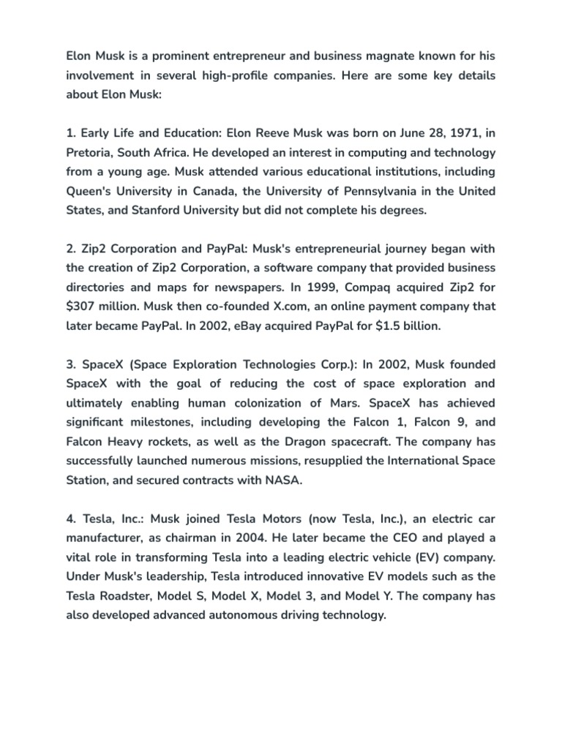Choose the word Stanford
point(161,210)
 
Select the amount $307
point(83,306)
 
